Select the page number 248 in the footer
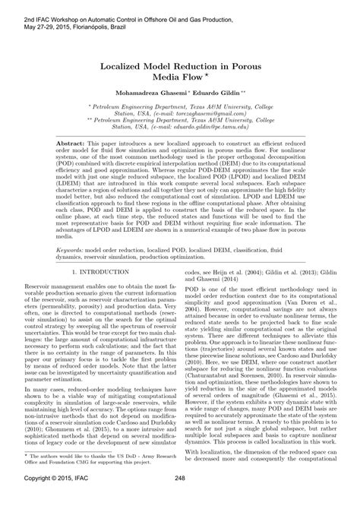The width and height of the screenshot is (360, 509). pos(180,498)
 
